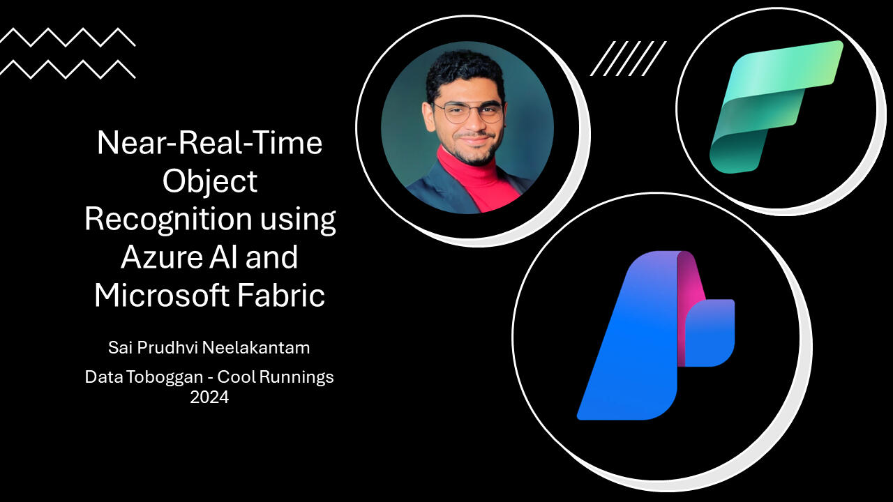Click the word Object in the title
pyautogui.click(x=210, y=182)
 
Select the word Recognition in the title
pyautogui.click(x=168, y=220)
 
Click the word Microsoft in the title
pyautogui.click(x=161, y=295)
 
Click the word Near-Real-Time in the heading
pyautogui.click(x=210, y=143)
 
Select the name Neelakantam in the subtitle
pyautogui.click(x=256, y=348)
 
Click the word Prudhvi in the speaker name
pyautogui.click(x=167, y=348)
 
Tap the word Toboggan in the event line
pyautogui.click(x=165, y=377)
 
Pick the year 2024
pyautogui.click(x=209, y=397)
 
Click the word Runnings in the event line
pyautogui.click(x=297, y=377)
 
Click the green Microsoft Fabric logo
pyautogui.click(x=776, y=107)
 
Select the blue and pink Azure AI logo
pyautogui.click(x=656, y=335)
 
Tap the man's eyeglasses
pyautogui.click(x=469, y=112)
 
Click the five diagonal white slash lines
pyautogui.click(x=629, y=58)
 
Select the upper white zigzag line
pyautogui.click(x=68, y=37)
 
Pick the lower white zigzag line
pyautogui.click(x=68, y=69)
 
